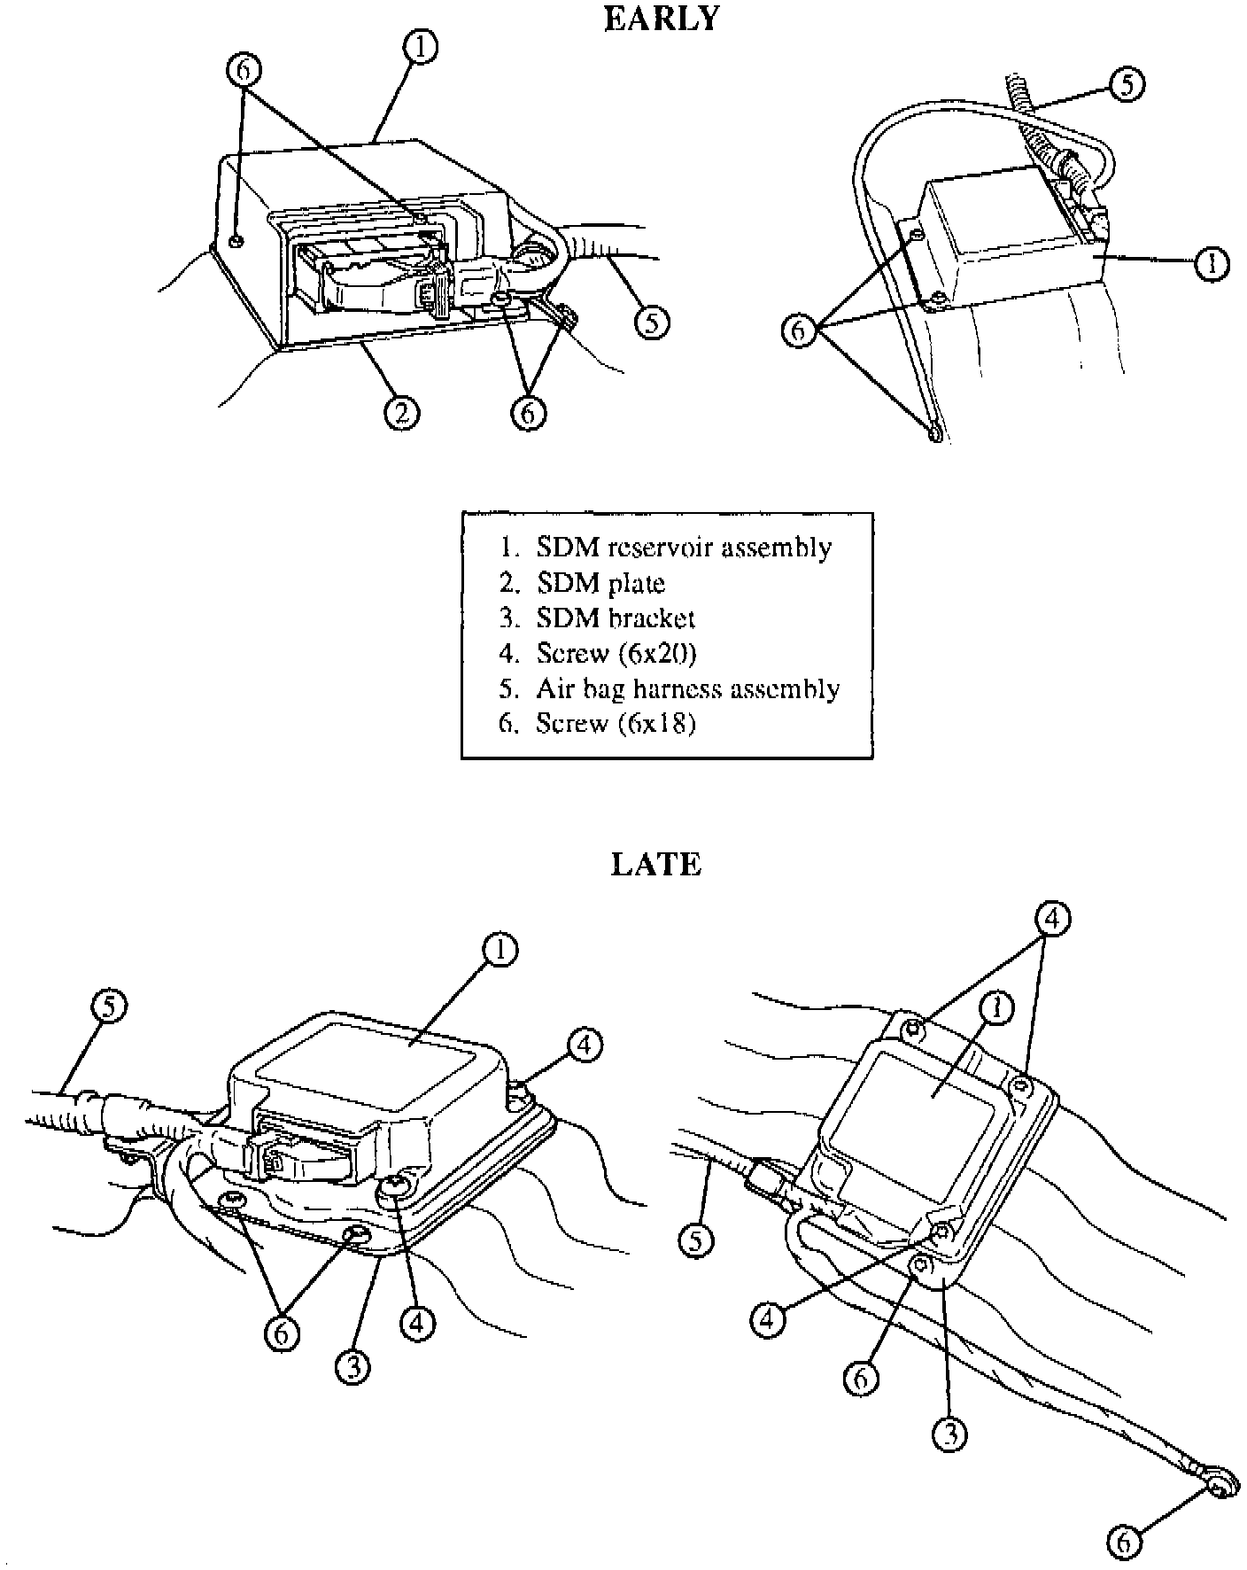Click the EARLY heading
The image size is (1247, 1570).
(661, 19)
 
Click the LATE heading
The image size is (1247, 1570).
(656, 864)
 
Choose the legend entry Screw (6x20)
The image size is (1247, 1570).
(616, 654)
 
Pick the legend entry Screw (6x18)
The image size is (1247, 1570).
(616, 724)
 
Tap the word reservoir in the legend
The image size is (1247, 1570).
(658, 548)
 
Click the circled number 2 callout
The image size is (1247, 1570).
(401, 412)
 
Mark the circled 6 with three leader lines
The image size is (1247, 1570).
(799, 330)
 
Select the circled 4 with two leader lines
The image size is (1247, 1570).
(1050, 920)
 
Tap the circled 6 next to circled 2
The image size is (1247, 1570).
(528, 412)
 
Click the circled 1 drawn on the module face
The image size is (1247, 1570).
(998, 1008)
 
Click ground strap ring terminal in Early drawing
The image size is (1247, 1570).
(935, 432)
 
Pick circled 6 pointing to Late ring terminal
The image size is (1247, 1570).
(1124, 1543)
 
